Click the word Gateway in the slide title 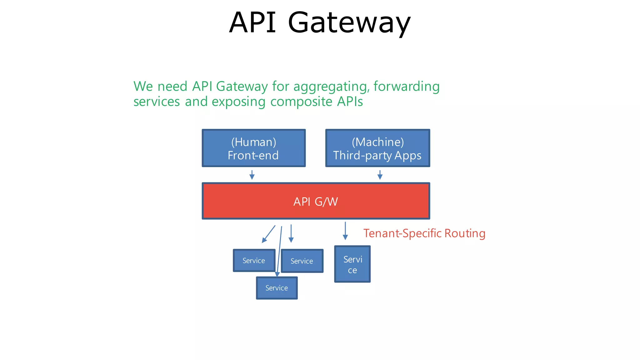pos(349,22)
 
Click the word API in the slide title pos(252,22)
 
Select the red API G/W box pos(316,201)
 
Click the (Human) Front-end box pos(253,148)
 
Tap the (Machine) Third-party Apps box pos(377,148)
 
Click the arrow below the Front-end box pos(252,175)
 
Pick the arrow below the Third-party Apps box pos(380,175)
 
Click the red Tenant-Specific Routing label pos(424,233)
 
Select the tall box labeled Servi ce pos(352,264)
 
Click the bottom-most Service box pos(277,288)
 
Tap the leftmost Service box pos(254,261)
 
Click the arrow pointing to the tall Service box pos(345,231)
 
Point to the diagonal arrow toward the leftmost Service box pos(268,234)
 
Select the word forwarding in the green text pos(406,87)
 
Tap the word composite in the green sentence pos(301,102)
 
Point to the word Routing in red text pos(465,233)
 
